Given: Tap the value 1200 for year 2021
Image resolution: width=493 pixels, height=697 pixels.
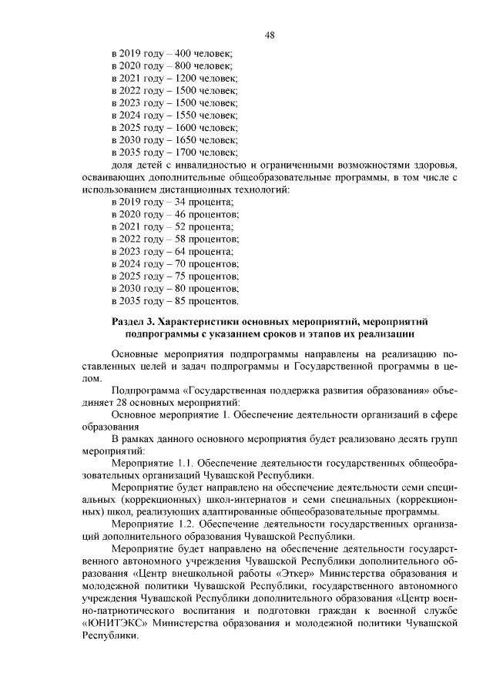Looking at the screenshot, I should (187, 78).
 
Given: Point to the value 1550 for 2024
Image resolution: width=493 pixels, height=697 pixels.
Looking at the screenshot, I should (187, 115).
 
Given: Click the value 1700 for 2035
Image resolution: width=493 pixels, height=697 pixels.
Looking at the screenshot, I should (187, 152).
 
